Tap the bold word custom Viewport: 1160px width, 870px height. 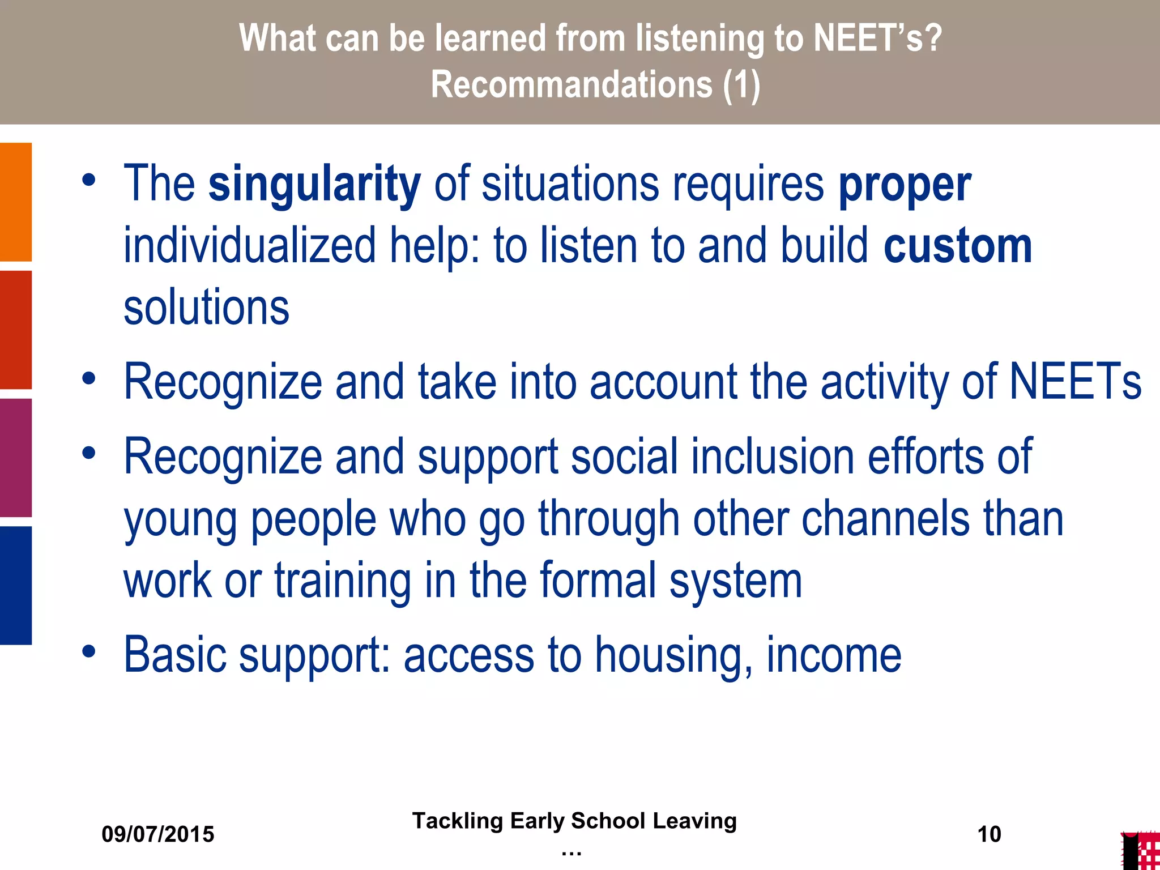pyautogui.click(x=958, y=246)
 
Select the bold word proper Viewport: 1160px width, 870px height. pyautogui.click(x=905, y=186)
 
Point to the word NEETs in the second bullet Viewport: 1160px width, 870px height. pyautogui.click(x=1076, y=382)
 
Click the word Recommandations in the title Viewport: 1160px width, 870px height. pyautogui.click(x=571, y=85)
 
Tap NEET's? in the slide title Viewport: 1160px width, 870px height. pyautogui.click(x=877, y=39)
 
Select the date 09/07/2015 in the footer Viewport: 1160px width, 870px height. pyautogui.click(x=158, y=834)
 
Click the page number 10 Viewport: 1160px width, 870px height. pyautogui.click(x=989, y=834)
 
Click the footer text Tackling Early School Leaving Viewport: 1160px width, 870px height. pyautogui.click(x=574, y=821)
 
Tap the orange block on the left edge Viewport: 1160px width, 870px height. pyautogui.click(x=16, y=202)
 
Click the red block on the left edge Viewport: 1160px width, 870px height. pyautogui.click(x=16, y=330)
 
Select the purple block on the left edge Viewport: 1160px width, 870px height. pyautogui.click(x=16, y=458)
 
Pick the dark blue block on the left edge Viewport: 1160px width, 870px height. pyautogui.click(x=16, y=585)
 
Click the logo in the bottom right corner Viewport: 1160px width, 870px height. pyautogui.click(x=1140, y=851)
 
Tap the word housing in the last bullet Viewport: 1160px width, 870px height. pyautogui.click(x=674, y=656)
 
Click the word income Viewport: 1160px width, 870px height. pyautogui.click(x=834, y=655)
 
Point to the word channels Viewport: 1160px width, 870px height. pyautogui.click(x=885, y=519)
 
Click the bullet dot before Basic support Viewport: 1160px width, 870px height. pyautogui.click(x=88, y=651)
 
